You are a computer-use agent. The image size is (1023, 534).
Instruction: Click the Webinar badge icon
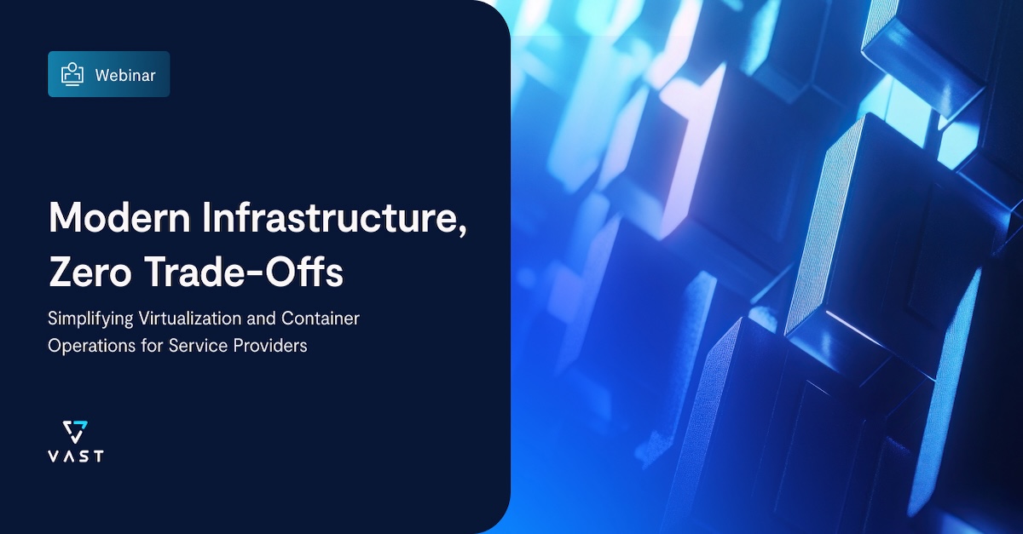click(x=72, y=74)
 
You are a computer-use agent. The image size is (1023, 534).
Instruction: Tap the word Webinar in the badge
click(x=125, y=75)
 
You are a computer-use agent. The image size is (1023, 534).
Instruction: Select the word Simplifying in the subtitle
click(x=89, y=319)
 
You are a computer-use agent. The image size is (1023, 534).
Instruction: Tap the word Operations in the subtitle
click(x=88, y=347)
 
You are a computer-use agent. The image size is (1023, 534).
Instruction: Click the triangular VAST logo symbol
click(x=76, y=432)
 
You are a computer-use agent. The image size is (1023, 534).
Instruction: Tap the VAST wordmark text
click(x=76, y=456)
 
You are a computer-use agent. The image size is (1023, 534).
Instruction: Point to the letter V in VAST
click(x=53, y=456)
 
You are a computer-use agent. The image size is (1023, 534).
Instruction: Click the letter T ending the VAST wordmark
click(x=99, y=456)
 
